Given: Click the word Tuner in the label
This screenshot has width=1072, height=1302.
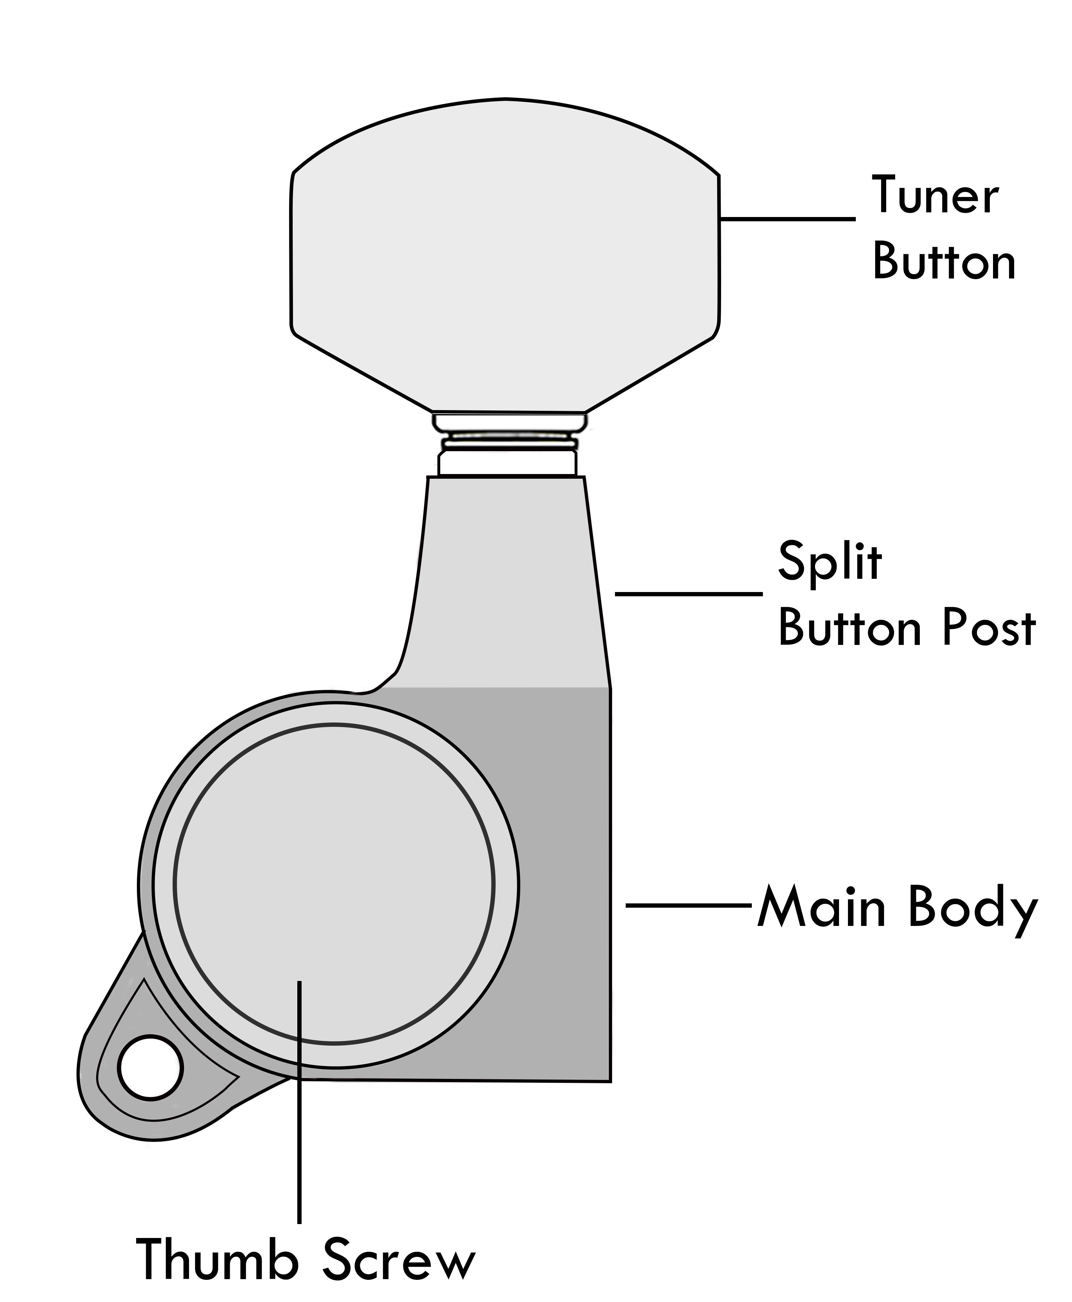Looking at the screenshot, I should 934,196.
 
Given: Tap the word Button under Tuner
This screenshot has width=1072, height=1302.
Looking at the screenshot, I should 944,262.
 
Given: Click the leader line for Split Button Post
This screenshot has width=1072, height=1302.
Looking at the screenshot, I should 689,593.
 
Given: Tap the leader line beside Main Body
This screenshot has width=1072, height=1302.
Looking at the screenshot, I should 689,906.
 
